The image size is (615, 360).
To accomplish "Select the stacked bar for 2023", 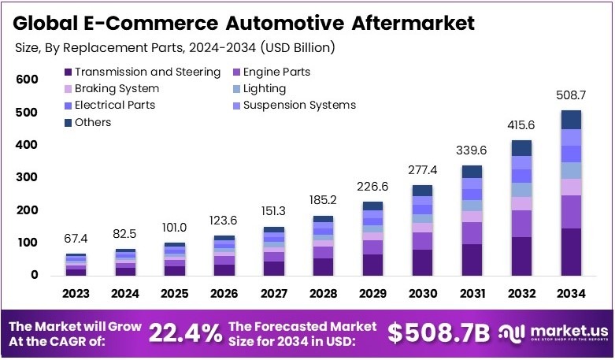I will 76,265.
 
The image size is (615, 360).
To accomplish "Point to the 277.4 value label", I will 422,170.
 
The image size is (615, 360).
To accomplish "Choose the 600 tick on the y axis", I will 26,80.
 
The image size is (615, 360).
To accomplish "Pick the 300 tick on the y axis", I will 26,177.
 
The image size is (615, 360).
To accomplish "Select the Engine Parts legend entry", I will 276,72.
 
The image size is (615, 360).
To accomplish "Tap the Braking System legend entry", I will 117,89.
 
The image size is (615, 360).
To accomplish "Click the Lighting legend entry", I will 264,89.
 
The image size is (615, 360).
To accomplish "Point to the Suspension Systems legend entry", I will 299,105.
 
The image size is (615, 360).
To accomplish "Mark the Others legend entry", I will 93,122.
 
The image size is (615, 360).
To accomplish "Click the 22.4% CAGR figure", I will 185,333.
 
